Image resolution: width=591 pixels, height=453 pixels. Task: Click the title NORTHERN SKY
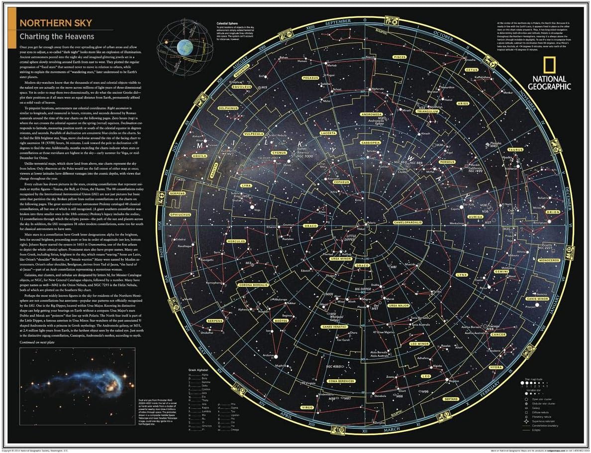(48, 23)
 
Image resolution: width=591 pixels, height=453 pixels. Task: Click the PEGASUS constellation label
(309, 78)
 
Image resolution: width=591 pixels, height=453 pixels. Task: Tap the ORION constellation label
(553, 212)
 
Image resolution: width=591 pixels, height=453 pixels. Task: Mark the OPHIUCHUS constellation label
(182, 215)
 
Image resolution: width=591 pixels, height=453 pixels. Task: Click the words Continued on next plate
(41, 342)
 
